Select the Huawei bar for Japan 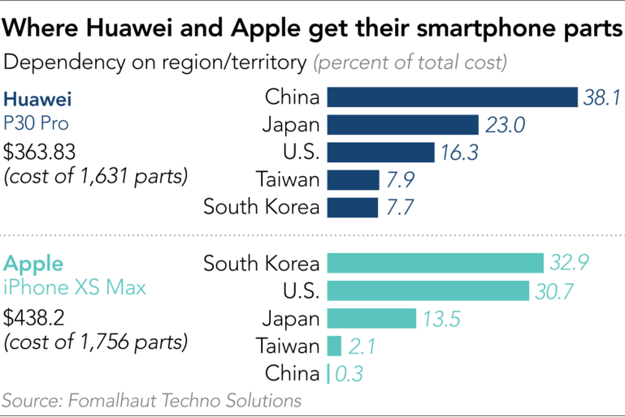coord(402,125)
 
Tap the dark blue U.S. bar coord(380,153)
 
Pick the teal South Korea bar coord(435,263)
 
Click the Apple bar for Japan coord(371,318)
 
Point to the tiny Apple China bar coord(328,373)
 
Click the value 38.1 coord(601,98)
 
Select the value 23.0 coord(505,125)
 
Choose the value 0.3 coord(349,373)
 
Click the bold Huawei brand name coord(38,101)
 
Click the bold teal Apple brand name coord(33,264)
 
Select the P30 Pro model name coord(37,124)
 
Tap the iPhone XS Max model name coord(76,288)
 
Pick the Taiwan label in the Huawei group coord(287,179)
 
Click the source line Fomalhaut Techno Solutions coord(151,401)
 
